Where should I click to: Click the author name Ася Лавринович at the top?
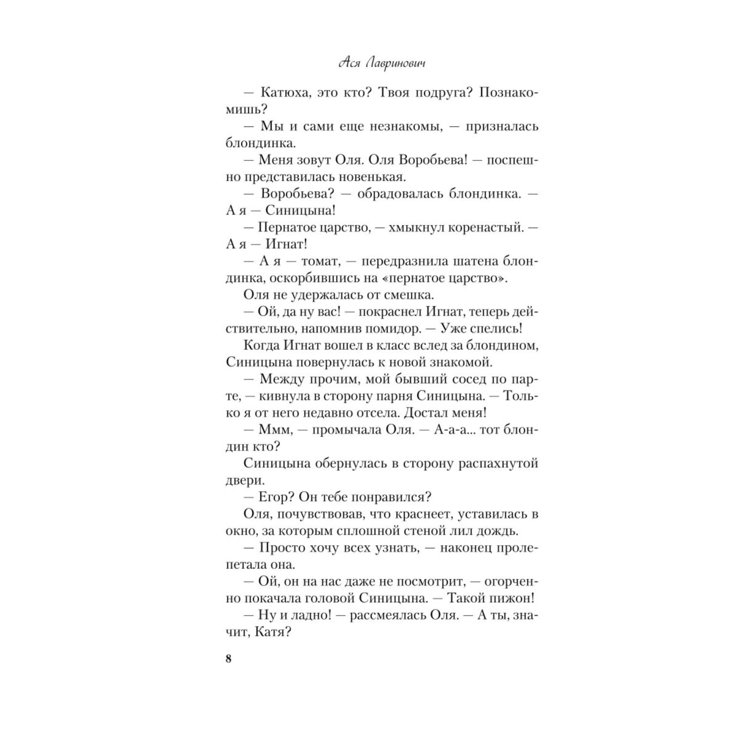click(x=382, y=64)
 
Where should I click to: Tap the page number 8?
click(x=229, y=659)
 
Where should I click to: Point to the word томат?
click(x=320, y=261)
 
